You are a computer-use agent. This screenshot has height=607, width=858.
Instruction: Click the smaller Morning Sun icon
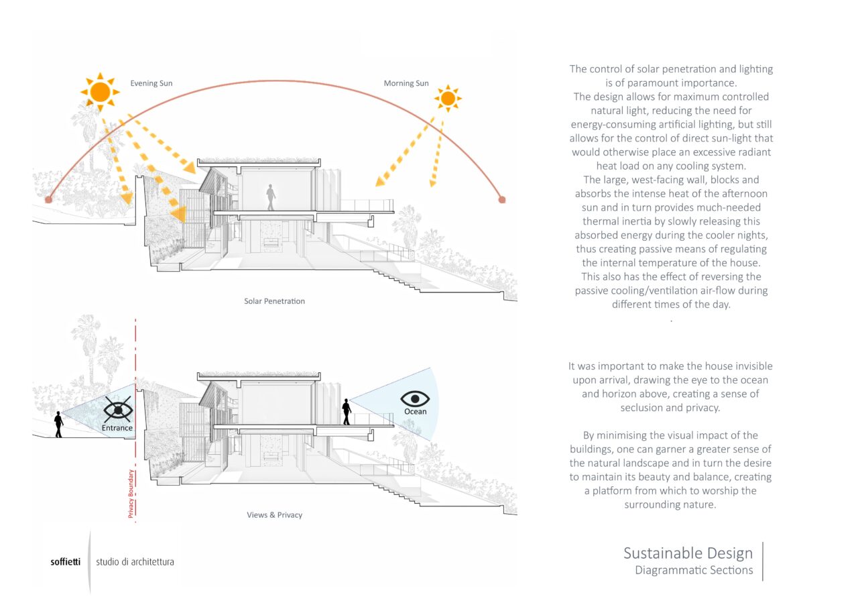(447, 99)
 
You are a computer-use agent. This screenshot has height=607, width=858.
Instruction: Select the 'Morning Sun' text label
(406, 84)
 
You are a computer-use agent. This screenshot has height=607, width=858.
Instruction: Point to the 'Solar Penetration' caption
(274, 301)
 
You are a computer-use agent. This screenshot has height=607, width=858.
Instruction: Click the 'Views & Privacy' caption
(275, 515)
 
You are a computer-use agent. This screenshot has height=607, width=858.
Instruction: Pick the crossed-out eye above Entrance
(117, 409)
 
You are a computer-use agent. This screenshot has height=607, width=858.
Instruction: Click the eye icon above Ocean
(415, 398)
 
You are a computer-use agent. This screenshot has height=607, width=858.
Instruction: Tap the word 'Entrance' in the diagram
(117, 428)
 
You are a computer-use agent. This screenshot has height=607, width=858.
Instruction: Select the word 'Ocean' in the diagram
(415, 412)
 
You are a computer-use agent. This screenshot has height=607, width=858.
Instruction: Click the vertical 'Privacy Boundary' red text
(131, 494)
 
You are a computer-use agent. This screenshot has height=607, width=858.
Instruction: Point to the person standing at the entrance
(59, 424)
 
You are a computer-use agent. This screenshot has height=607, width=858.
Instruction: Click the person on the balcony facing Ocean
(347, 412)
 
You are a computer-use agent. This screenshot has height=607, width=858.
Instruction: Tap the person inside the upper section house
(271, 197)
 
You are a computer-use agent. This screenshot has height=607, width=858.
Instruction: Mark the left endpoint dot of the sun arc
(48, 199)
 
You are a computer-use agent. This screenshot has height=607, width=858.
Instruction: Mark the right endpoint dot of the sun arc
(502, 199)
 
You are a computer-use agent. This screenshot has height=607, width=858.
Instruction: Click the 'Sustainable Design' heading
(688, 553)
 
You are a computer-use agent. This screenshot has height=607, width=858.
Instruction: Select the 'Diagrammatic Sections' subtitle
(694, 571)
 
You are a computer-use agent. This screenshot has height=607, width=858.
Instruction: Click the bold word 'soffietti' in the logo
(65, 562)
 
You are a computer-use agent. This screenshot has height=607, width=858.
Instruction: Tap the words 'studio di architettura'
(135, 562)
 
